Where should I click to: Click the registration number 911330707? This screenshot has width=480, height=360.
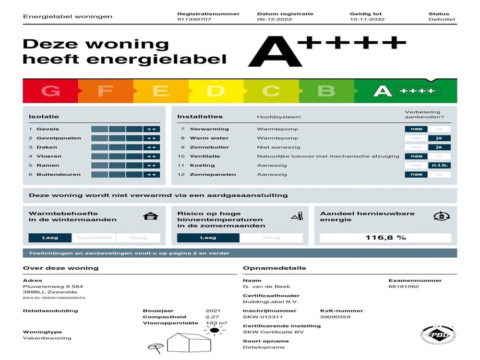point(194,20)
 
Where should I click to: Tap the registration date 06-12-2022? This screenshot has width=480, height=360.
point(274,20)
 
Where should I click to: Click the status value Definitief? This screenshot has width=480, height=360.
point(442,20)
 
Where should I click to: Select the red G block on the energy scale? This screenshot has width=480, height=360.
point(50,91)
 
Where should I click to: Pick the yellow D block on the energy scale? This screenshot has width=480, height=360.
point(216,91)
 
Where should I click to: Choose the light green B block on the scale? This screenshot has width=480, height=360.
point(326,91)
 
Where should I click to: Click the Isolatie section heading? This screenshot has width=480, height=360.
point(44,117)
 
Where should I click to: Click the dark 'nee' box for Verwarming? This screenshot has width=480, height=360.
point(416,129)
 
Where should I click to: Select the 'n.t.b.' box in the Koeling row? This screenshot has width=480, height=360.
point(440,166)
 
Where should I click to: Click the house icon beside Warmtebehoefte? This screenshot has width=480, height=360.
point(150,216)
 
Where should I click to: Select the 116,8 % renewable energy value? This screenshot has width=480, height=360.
point(385,238)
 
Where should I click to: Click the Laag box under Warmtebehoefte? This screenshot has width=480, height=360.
point(50,238)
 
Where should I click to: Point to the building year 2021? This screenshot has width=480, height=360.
point(213,311)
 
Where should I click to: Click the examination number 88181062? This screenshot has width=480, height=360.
point(404,287)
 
